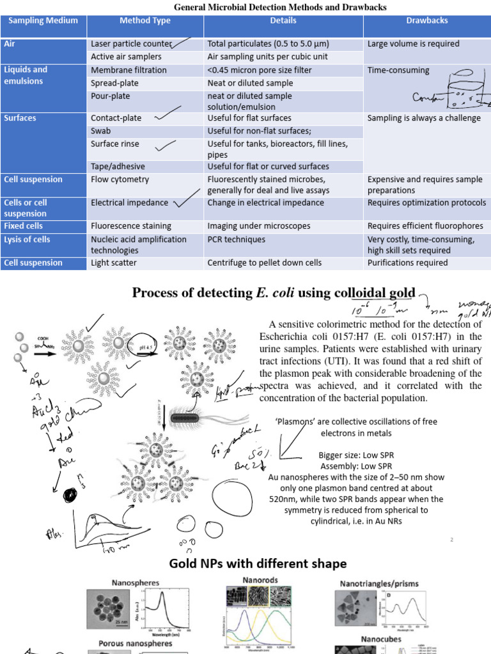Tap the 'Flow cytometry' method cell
(120, 179)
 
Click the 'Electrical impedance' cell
(130, 202)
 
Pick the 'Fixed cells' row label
(24, 225)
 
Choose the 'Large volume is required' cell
(413, 44)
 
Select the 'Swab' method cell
(102, 131)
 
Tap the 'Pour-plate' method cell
(111, 96)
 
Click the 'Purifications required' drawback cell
(408, 262)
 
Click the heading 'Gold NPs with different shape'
(258, 563)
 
